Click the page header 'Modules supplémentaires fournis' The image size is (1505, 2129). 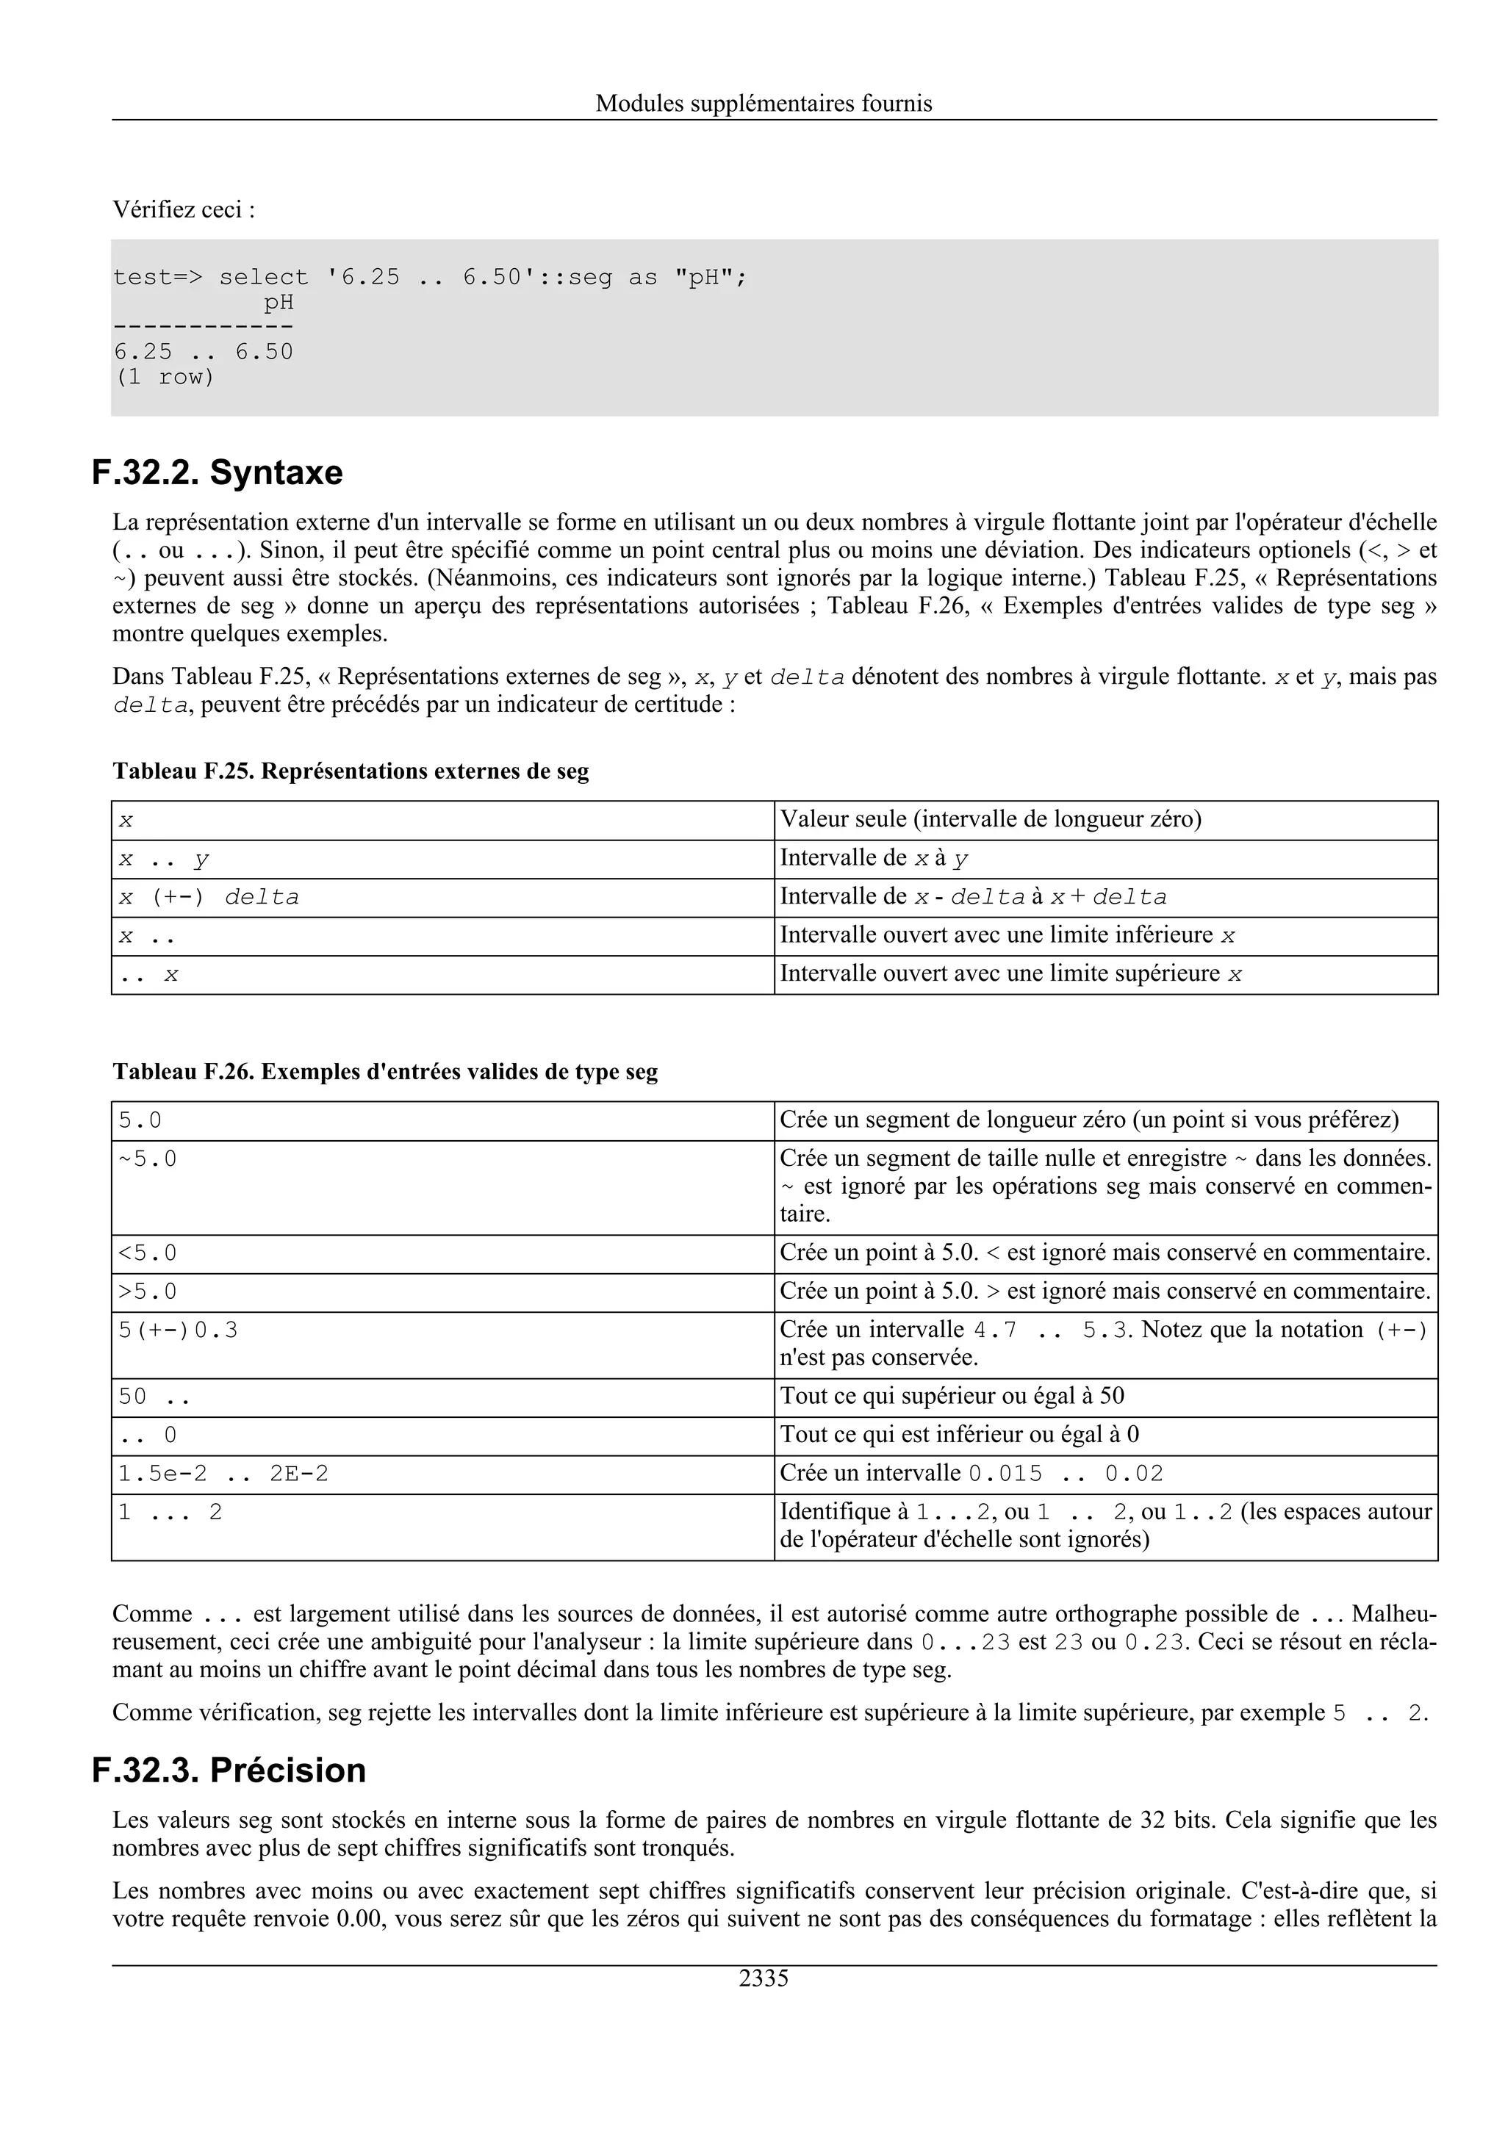tap(764, 103)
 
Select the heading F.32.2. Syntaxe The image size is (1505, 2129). tap(217, 473)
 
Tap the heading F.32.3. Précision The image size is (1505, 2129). tap(229, 1770)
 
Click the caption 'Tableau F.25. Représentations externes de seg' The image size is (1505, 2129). tap(351, 771)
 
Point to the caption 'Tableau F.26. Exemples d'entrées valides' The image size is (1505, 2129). tap(385, 1072)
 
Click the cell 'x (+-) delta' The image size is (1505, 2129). tap(209, 898)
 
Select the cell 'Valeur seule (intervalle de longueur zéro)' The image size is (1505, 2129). tap(991, 820)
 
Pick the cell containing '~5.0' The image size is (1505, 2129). tap(148, 1159)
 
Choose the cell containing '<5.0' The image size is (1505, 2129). tap(148, 1253)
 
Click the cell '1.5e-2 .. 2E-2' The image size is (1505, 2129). tap(223, 1474)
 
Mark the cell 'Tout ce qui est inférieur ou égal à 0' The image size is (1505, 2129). tap(959, 1435)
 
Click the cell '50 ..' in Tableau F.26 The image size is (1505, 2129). tap(154, 1397)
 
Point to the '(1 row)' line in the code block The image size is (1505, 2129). tap(163, 378)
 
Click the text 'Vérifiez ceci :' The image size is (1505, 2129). tap(184, 209)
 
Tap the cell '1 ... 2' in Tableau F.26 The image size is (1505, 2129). tap(170, 1513)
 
